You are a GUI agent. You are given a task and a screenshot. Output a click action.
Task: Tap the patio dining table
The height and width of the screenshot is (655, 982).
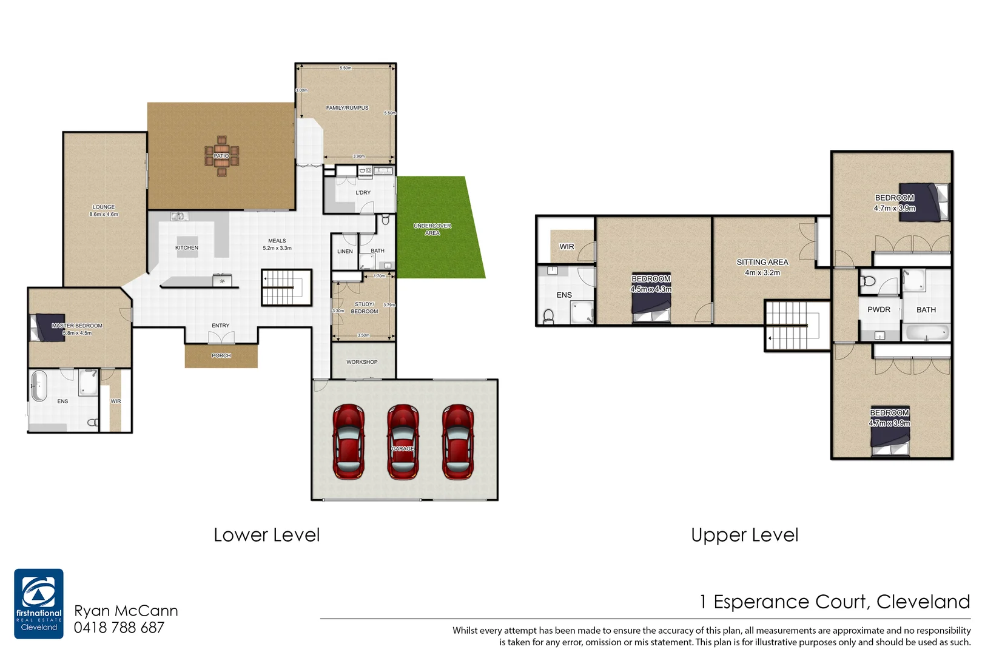[x=221, y=156]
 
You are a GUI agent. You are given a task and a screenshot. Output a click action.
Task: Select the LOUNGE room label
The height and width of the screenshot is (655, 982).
[x=104, y=207]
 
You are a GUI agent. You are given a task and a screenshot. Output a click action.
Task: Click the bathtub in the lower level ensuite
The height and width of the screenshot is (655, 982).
[x=39, y=386]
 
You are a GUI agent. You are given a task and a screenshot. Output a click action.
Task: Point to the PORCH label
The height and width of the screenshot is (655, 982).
[x=221, y=356]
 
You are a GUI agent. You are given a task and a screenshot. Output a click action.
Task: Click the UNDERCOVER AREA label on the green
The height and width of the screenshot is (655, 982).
[x=432, y=229]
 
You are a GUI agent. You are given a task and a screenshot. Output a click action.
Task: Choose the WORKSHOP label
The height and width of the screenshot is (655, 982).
[x=362, y=362]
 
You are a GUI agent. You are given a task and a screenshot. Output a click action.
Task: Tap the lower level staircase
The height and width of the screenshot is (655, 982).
[x=286, y=287]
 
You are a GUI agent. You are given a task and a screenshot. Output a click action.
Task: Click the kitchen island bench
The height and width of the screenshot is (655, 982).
[x=187, y=247]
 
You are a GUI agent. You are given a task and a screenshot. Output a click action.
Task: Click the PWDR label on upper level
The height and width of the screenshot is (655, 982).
[x=878, y=309]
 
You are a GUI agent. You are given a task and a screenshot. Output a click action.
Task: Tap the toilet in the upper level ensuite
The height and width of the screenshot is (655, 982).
[x=548, y=316]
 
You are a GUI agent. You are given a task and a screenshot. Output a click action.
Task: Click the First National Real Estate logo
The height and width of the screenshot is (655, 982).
[x=39, y=603]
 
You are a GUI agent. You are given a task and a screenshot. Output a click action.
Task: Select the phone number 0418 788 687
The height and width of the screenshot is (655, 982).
[x=119, y=628]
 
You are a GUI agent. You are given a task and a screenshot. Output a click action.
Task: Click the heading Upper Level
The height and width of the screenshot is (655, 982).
[x=744, y=535]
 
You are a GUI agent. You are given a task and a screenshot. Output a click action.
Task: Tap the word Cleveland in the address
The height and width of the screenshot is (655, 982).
[x=923, y=602]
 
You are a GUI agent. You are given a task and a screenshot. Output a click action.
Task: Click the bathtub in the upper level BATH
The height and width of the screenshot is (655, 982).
[x=926, y=332]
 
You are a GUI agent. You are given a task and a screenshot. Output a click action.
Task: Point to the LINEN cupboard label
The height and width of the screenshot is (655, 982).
[x=345, y=251]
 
